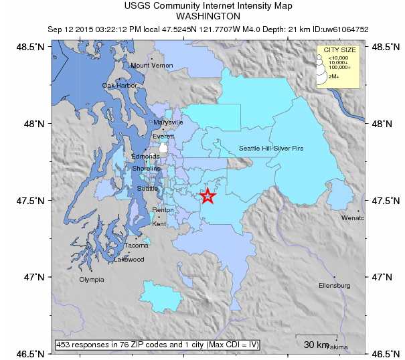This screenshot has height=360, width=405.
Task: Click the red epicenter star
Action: click(208, 196)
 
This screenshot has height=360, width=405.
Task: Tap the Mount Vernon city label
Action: click(152, 66)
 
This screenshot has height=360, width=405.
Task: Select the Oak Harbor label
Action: click(120, 86)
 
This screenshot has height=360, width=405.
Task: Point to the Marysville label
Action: click(168, 123)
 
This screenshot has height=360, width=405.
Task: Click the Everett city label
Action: click(163, 137)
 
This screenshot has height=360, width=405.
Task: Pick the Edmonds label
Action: click(145, 157)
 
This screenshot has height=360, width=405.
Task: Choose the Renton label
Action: click(163, 210)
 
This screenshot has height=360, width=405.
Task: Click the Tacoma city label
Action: click(137, 246)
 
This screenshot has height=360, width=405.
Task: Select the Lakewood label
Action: click(129, 260)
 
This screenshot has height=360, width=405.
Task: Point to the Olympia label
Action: click(92, 280)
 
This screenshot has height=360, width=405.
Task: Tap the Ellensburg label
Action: click(335, 286)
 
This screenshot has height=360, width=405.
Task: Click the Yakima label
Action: click(339, 347)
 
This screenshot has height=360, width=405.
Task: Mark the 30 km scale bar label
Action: click(315, 345)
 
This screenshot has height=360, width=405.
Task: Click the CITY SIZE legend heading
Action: click(339, 50)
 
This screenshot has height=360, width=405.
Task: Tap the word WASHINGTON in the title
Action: click(209, 17)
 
